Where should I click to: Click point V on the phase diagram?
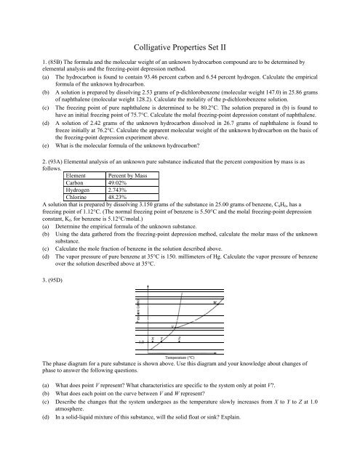tap(172, 326)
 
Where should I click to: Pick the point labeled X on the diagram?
tap(152, 339)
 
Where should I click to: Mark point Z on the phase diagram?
tap(179, 339)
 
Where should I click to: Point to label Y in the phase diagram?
tap(161, 339)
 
